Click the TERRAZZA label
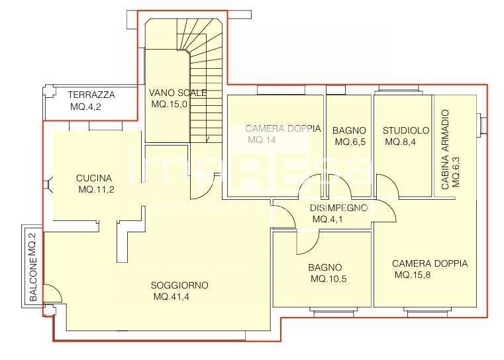(92, 95)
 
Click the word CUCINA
(93, 178)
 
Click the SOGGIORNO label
(179, 285)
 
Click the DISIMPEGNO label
(338, 207)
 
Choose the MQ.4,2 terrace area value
(86, 107)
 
